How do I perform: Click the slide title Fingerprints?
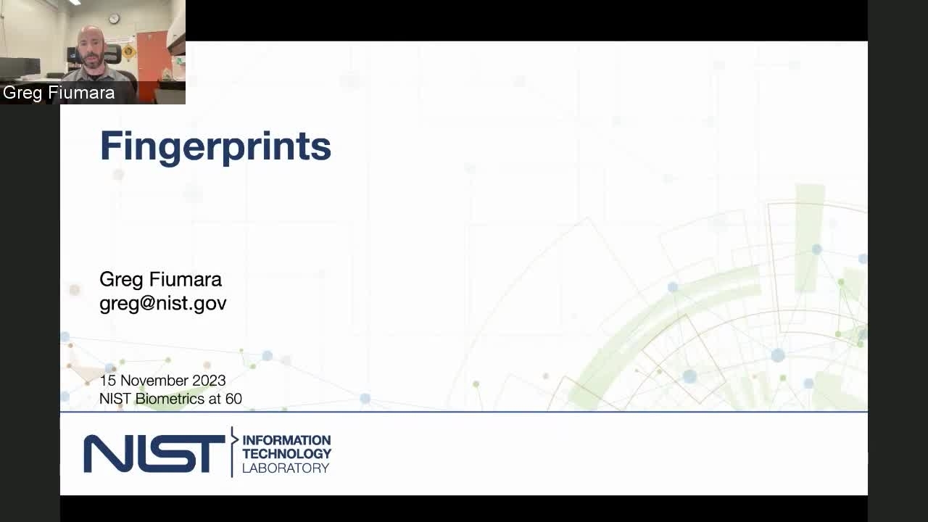coord(215,147)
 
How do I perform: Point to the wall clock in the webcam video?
coord(114,19)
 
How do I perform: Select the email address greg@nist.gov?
coord(163,304)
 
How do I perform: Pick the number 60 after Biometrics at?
coord(233,399)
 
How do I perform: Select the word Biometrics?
coord(170,399)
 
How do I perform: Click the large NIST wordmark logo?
coord(154,453)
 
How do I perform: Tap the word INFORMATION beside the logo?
coord(286,440)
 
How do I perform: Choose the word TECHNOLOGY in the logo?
coord(286,454)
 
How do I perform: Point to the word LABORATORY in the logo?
coord(286,468)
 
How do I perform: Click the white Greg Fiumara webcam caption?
coord(59,92)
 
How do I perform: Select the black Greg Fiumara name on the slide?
coord(160,279)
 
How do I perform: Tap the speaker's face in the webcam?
coord(91,49)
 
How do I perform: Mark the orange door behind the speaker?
coord(153,62)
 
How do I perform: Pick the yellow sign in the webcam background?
coord(128,51)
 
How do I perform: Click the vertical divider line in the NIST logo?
coord(232,452)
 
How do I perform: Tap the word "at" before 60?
coord(215,399)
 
